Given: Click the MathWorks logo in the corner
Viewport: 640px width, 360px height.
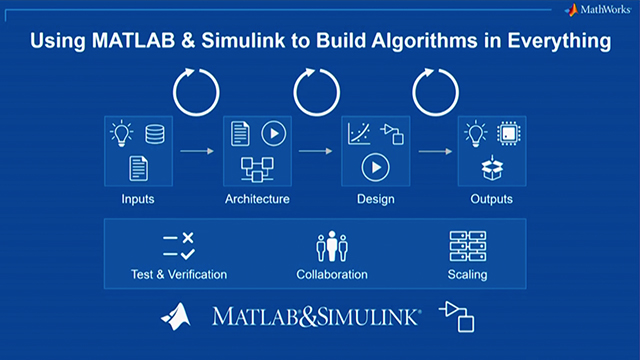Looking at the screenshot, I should pyautogui.click(x=599, y=11).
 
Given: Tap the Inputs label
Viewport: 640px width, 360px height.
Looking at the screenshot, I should pyautogui.click(x=138, y=199).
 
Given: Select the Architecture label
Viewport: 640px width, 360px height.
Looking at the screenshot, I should pyautogui.click(x=257, y=199).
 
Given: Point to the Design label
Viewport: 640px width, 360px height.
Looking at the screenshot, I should pyautogui.click(x=376, y=199).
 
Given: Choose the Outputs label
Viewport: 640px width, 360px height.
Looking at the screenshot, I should pyautogui.click(x=492, y=199).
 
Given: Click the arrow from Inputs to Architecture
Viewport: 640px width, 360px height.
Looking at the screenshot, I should pyautogui.click(x=197, y=152).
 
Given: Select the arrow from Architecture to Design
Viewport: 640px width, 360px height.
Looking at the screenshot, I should pyautogui.click(x=316, y=152).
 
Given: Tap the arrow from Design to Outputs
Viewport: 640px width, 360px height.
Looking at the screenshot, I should pyautogui.click(x=434, y=152).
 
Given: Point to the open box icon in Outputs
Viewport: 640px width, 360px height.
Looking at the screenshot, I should pyautogui.click(x=491, y=169).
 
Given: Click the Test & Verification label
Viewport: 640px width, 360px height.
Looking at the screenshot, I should pyautogui.click(x=178, y=274).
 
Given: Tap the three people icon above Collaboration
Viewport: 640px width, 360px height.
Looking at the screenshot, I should pyautogui.click(x=331, y=247).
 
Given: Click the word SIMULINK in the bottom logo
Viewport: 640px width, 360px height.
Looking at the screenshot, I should pyautogui.click(x=371, y=317).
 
